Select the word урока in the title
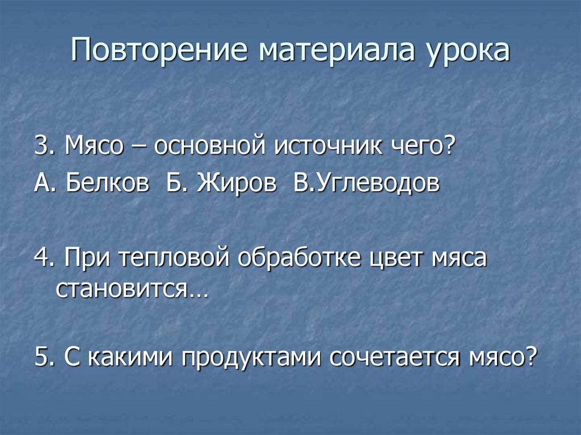(x=467, y=51)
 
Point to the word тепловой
(x=175, y=259)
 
